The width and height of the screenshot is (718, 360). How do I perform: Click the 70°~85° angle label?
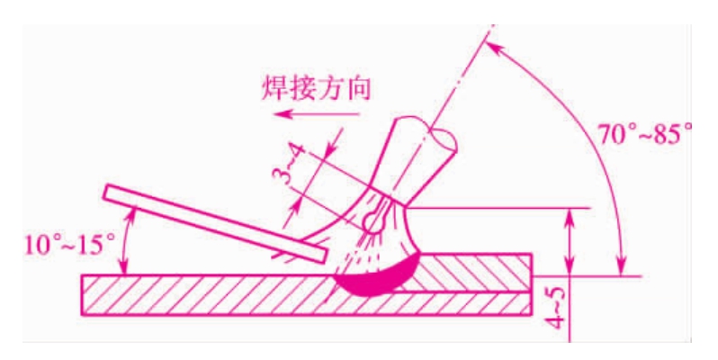tap(645, 134)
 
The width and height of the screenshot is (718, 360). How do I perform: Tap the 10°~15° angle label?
tap(69, 246)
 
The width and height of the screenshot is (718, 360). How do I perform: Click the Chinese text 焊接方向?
tap(316, 88)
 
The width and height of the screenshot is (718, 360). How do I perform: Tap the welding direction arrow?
tap(317, 113)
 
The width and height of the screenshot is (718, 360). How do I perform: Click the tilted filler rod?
tap(215, 223)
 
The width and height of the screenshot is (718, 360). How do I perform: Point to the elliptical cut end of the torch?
tap(443, 139)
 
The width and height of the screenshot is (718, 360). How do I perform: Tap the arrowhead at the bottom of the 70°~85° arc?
tap(621, 268)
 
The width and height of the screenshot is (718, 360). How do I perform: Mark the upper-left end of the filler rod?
tap(105, 192)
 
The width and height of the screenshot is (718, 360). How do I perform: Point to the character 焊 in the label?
tap(274, 88)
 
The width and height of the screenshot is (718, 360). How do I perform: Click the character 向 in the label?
tap(357, 88)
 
